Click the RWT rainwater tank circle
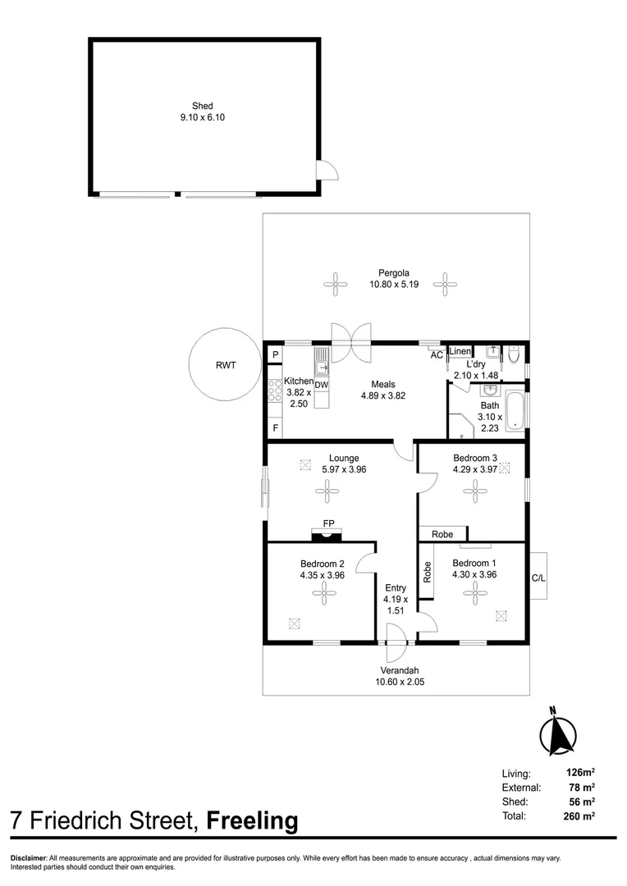(x=225, y=365)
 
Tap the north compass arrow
(x=560, y=733)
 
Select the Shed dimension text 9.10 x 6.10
(x=203, y=117)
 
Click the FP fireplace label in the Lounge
(x=328, y=523)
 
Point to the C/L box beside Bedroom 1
(x=538, y=578)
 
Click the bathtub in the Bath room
(x=515, y=413)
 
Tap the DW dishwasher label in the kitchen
(x=321, y=385)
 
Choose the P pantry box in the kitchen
(x=276, y=354)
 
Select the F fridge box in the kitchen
(x=276, y=428)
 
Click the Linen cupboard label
(x=460, y=352)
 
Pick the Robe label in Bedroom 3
(x=442, y=534)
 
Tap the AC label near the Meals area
(x=437, y=355)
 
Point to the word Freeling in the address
(x=252, y=820)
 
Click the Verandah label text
(x=400, y=669)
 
